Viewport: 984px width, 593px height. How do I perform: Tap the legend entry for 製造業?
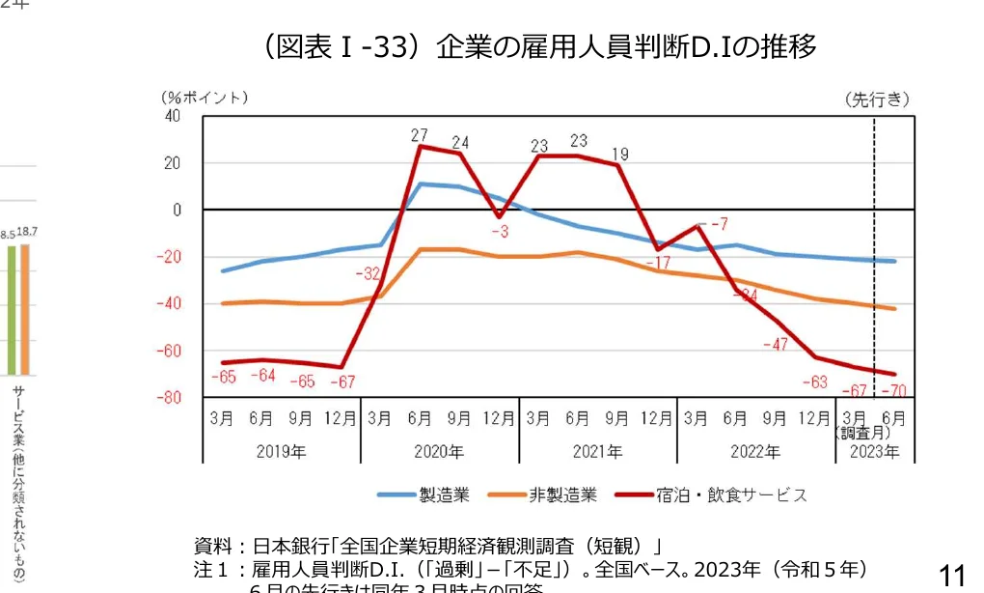pyautogui.click(x=424, y=495)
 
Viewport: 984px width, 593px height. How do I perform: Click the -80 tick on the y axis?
pyautogui.click(x=169, y=397)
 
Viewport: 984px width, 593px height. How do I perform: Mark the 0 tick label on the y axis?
pyautogui.click(x=176, y=210)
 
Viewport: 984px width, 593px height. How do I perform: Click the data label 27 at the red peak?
pyautogui.click(x=419, y=135)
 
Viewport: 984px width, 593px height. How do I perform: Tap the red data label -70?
pyautogui.click(x=892, y=390)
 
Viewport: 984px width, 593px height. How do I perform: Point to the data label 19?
pyautogui.click(x=619, y=154)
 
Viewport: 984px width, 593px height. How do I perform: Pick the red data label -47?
pyautogui.click(x=776, y=344)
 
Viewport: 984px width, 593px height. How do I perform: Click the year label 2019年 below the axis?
pyautogui.click(x=281, y=451)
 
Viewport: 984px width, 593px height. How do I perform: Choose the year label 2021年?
pyautogui.click(x=597, y=451)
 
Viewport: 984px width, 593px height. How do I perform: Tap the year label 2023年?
pyautogui.click(x=874, y=451)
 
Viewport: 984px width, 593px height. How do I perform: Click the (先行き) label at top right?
pyautogui.click(x=877, y=98)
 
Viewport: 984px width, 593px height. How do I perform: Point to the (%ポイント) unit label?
pyautogui.click(x=205, y=98)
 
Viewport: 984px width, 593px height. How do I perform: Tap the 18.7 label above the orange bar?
pyautogui.click(x=26, y=233)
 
